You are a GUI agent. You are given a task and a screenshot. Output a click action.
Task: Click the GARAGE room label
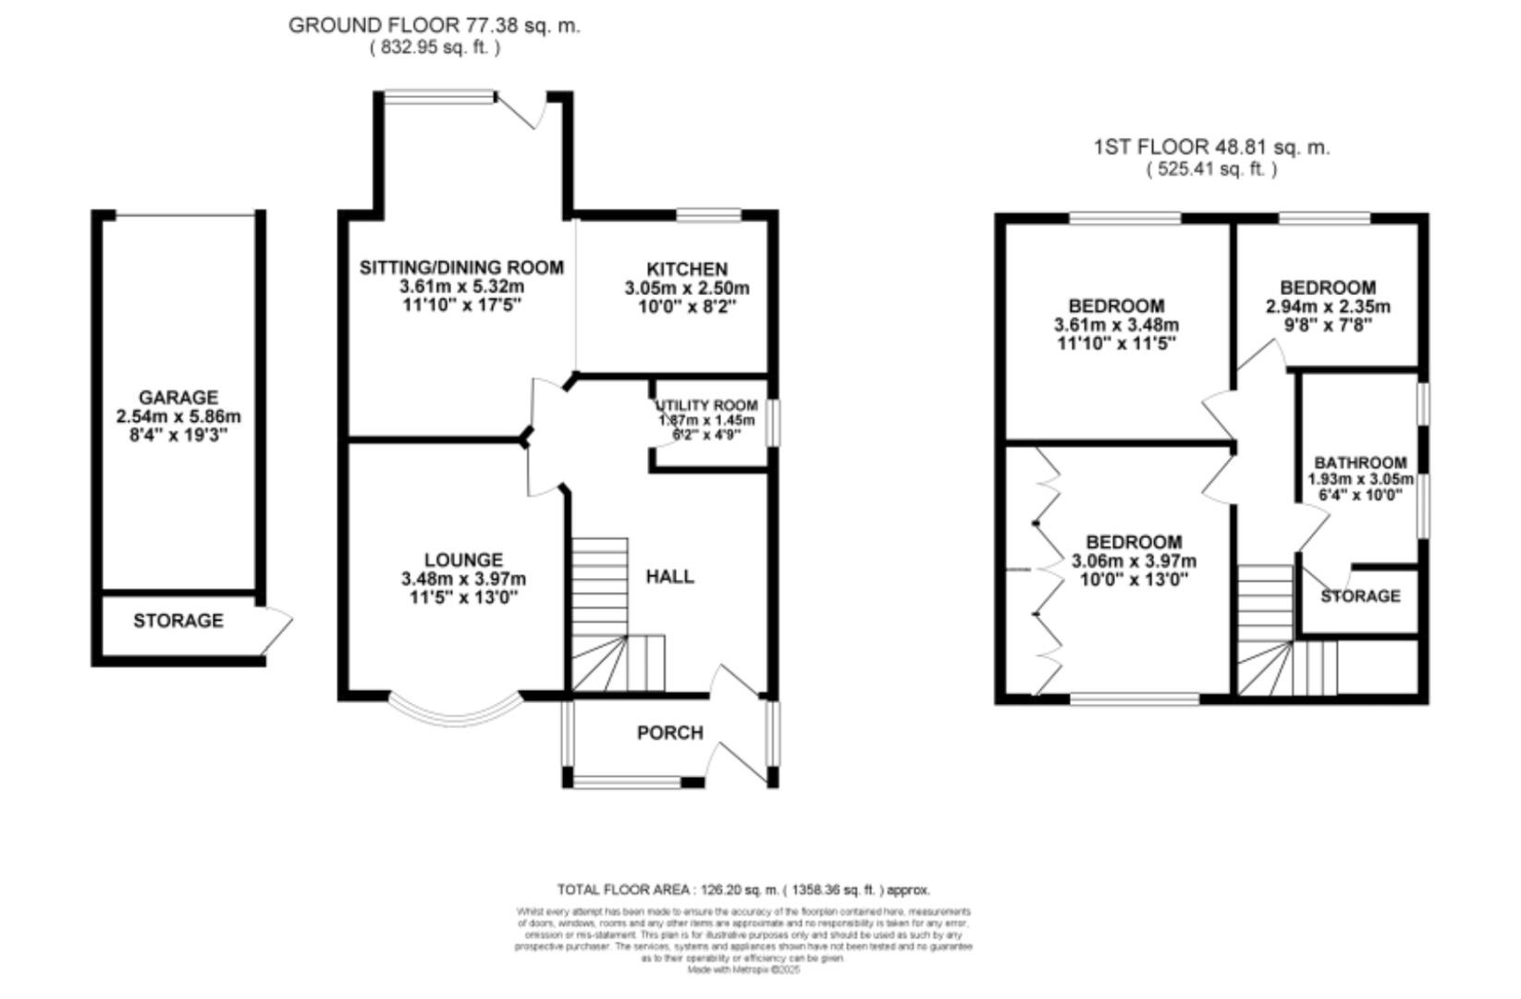pos(178,398)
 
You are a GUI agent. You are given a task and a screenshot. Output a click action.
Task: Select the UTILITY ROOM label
pos(706,405)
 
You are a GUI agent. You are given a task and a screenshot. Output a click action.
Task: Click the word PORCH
pos(669,733)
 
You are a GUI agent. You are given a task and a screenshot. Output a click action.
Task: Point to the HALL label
pos(669,576)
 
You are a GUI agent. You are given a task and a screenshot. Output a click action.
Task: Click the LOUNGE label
pos(463,560)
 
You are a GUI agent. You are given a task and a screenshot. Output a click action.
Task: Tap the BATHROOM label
pos(1360,462)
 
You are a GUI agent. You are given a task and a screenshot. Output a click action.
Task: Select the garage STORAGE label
pos(178,621)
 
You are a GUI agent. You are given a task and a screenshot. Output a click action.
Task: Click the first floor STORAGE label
pos(1359,596)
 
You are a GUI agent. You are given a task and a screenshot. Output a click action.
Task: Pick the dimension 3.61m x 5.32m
pos(461,287)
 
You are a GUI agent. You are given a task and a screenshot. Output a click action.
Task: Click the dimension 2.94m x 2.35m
pos(1328,306)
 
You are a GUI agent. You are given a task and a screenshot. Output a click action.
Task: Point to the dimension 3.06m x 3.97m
pos(1134,561)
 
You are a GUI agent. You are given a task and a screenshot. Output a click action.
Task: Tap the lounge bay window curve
pos(454,712)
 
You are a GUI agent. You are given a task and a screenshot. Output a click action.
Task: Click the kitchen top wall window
pos(708,216)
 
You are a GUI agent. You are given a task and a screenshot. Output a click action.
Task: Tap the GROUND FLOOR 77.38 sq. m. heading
pos(434,25)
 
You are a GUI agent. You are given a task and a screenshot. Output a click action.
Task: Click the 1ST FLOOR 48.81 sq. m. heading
pos(1211,147)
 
